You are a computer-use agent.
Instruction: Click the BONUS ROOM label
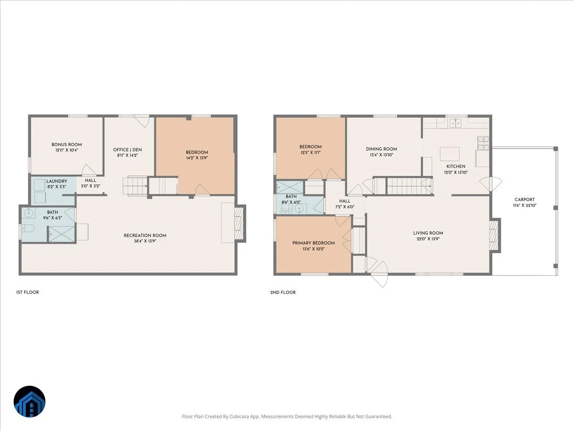(66, 145)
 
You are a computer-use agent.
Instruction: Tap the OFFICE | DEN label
(127, 150)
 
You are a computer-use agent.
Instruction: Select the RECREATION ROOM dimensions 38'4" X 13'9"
(145, 241)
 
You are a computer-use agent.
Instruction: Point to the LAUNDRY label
(57, 181)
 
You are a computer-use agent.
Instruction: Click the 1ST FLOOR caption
(27, 292)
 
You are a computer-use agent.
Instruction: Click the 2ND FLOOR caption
(283, 292)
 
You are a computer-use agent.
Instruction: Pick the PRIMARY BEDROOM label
(313, 243)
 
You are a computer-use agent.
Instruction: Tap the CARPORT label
(525, 199)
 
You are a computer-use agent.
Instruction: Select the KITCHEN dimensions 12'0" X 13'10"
(456, 172)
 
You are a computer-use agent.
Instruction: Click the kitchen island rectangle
(450, 154)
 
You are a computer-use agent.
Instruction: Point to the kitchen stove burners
(483, 143)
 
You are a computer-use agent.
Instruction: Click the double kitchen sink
(455, 123)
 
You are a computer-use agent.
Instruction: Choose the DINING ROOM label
(382, 149)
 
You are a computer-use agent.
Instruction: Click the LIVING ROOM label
(428, 233)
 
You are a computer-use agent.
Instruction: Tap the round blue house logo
(30, 401)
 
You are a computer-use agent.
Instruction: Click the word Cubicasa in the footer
(240, 416)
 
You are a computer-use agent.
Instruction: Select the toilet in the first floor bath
(28, 229)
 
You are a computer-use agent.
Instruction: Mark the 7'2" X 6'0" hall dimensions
(345, 207)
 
